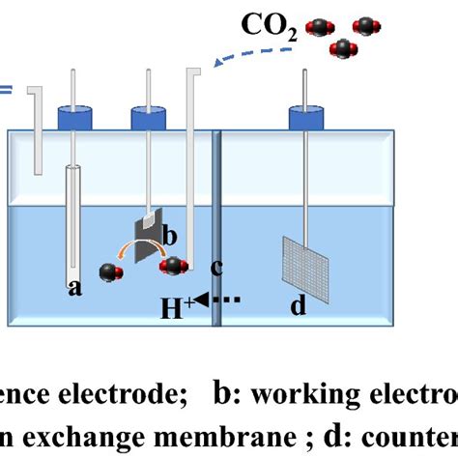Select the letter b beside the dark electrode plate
pos(168,235)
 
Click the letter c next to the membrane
pos(215,267)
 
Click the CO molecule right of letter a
pos(110,272)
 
